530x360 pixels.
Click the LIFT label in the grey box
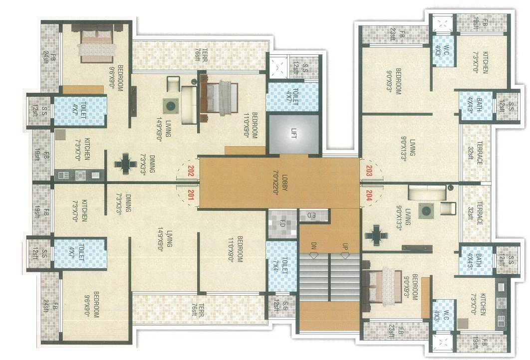pos(293,135)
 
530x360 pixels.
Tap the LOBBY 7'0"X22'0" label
pos(279,183)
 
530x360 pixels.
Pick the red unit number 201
pos(190,195)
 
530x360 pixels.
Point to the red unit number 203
pos(369,169)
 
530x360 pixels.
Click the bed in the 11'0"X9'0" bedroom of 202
pos(218,97)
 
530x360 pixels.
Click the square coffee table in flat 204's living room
pos(426,211)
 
